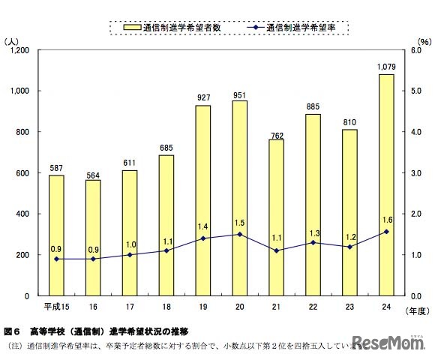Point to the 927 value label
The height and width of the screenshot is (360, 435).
click(202, 97)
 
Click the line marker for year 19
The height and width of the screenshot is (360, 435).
click(203, 238)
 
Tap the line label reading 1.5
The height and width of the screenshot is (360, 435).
click(239, 223)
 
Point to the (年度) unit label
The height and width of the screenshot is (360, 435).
click(415, 310)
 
